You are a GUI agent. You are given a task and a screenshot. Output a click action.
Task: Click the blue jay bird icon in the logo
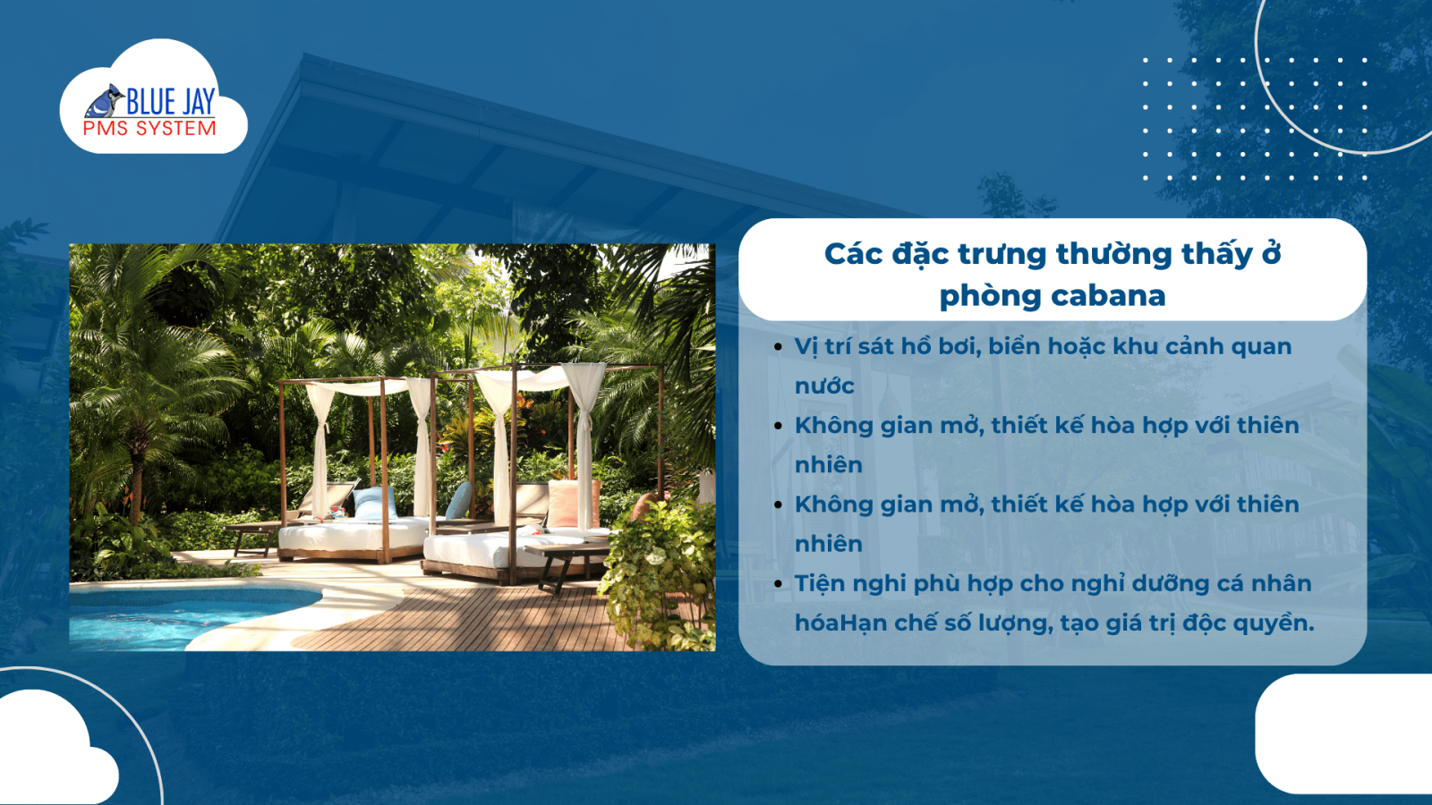click(x=105, y=101)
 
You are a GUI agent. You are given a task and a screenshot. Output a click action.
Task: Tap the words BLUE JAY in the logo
click(x=171, y=102)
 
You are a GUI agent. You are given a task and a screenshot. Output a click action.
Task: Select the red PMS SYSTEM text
click(x=149, y=129)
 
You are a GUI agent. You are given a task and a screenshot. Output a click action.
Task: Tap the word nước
click(x=824, y=386)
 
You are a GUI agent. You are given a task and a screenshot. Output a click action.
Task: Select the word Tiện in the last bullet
click(x=822, y=583)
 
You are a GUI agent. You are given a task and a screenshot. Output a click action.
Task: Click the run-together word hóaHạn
click(x=840, y=623)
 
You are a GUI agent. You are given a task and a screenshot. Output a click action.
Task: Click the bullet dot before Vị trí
click(x=778, y=347)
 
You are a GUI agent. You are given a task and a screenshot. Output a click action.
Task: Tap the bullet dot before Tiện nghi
click(x=778, y=584)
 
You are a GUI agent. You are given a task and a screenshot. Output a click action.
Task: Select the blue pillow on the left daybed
click(x=375, y=503)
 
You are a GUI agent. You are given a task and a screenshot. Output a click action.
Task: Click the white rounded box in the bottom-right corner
click(x=1343, y=734)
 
